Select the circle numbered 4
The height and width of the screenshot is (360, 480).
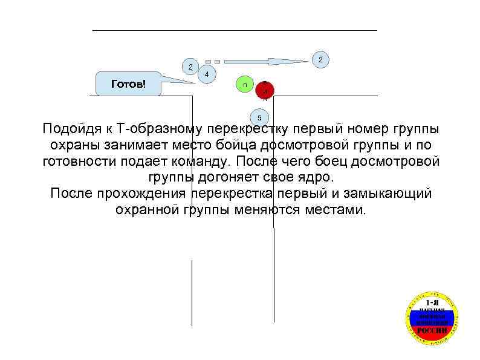(x=207, y=74)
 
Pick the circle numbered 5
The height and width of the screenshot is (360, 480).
(x=259, y=117)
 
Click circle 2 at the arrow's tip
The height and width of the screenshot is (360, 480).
(x=320, y=59)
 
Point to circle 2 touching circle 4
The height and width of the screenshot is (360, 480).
(x=190, y=67)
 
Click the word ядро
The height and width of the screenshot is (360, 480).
(x=315, y=178)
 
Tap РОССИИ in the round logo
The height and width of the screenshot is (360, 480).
(x=432, y=331)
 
